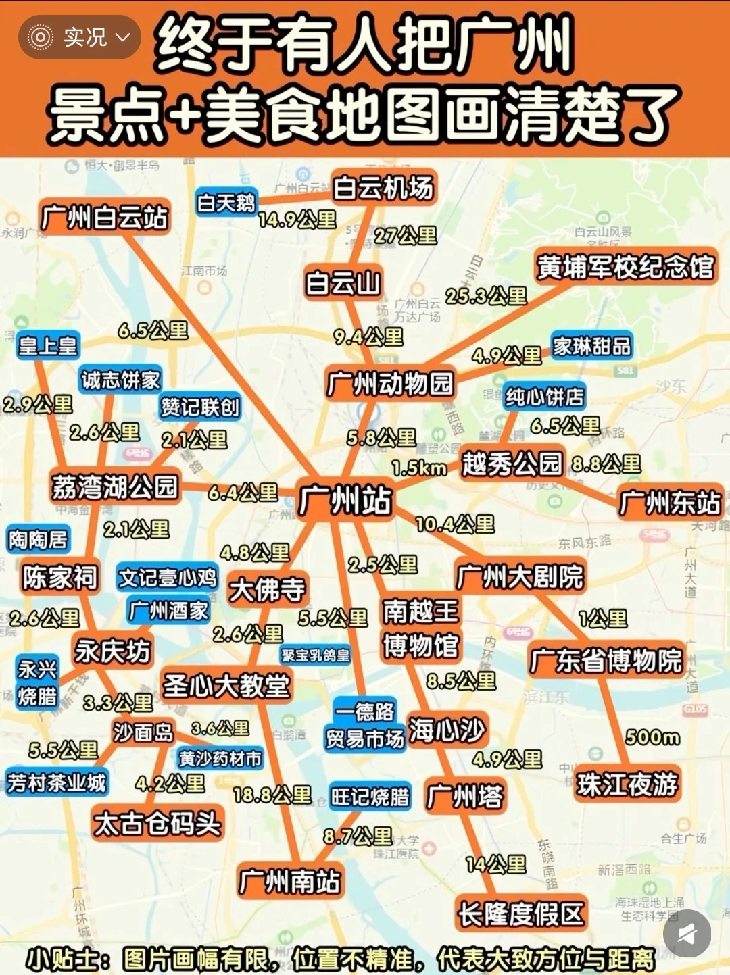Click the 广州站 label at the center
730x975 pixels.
click(345, 501)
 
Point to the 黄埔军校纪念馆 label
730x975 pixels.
click(625, 267)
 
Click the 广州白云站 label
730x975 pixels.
click(103, 218)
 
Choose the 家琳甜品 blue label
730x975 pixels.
click(591, 347)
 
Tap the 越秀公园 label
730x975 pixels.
click(512, 464)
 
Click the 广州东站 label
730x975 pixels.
click(670, 503)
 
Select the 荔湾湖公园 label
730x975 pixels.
click(115, 486)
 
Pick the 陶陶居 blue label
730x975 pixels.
click(39, 539)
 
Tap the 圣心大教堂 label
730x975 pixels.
click(226, 686)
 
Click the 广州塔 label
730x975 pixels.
click(465, 797)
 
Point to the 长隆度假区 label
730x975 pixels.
click(520, 914)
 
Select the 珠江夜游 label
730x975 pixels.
click(627, 784)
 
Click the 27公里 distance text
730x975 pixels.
click(406, 235)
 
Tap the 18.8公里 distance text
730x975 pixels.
click(272, 795)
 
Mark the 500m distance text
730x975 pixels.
click(652, 736)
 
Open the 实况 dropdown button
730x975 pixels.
click(80, 37)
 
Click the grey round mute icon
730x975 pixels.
click(687, 934)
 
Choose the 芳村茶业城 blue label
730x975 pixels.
click(57, 782)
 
